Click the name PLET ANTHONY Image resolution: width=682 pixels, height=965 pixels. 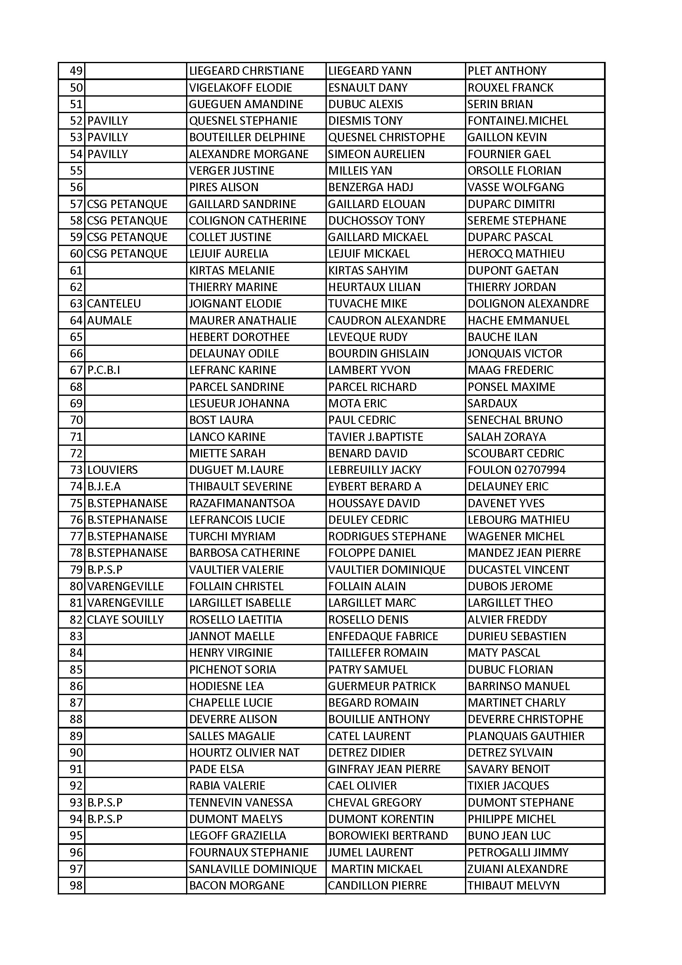pyautogui.click(x=507, y=71)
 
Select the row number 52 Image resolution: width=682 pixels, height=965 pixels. pyautogui.click(x=76, y=121)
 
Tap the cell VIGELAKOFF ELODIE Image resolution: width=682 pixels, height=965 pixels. pyautogui.click(x=241, y=88)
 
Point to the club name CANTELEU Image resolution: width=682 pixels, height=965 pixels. pyautogui.click(x=114, y=304)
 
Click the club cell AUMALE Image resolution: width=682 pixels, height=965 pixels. pyautogui.click(x=109, y=321)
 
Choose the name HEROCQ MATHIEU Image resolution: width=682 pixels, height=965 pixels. pyautogui.click(x=516, y=254)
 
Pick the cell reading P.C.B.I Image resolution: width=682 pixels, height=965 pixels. pyautogui.click(x=104, y=370)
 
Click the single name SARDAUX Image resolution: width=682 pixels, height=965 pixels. pyautogui.click(x=492, y=404)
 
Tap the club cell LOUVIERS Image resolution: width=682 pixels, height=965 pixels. pyautogui.click(x=112, y=470)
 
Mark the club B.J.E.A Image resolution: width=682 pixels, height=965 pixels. pyautogui.click(x=104, y=487)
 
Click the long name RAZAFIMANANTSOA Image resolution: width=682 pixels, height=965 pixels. pyautogui.click(x=242, y=504)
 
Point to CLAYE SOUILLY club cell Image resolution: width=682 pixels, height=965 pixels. pyautogui.click(x=125, y=620)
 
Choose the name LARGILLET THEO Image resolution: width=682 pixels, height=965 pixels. pyautogui.click(x=510, y=603)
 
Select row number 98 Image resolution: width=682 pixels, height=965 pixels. pyautogui.click(x=76, y=886)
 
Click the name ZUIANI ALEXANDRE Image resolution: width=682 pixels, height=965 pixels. pyautogui.click(x=518, y=869)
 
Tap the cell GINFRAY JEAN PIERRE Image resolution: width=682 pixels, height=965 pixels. pyautogui.click(x=384, y=769)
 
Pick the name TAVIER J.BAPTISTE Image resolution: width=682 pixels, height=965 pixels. pyautogui.click(x=376, y=437)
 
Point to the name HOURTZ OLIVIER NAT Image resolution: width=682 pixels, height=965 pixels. pyautogui.click(x=244, y=753)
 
